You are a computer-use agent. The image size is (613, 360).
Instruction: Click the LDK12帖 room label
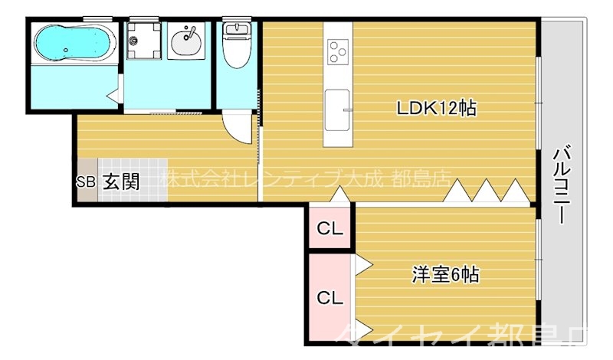[436, 109]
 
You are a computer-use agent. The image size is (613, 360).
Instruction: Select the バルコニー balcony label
[562, 183]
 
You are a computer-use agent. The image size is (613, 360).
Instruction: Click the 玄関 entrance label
[121, 182]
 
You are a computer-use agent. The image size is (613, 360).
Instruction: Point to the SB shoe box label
[85, 182]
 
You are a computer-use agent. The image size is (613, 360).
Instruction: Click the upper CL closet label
[330, 227]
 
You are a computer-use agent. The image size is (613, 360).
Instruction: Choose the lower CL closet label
[330, 296]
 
